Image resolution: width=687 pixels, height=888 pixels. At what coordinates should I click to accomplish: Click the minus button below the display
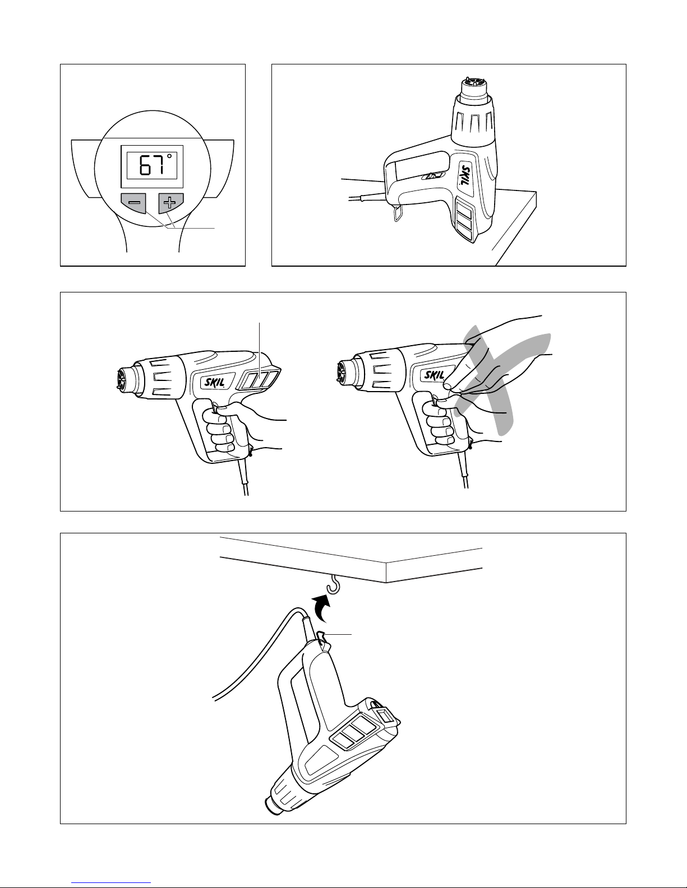click(x=133, y=202)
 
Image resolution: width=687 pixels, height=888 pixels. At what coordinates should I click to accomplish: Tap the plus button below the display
click(x=170, y=202)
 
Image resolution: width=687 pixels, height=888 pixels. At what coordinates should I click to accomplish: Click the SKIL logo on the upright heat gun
click(x=465, y=175)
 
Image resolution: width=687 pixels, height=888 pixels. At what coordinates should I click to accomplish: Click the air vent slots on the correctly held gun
click(x=260, y=379)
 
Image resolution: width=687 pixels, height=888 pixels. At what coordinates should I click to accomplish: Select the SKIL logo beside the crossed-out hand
click(x=434, y=374)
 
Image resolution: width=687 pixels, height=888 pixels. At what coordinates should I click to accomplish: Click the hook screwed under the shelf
click(x=334, y=584)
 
